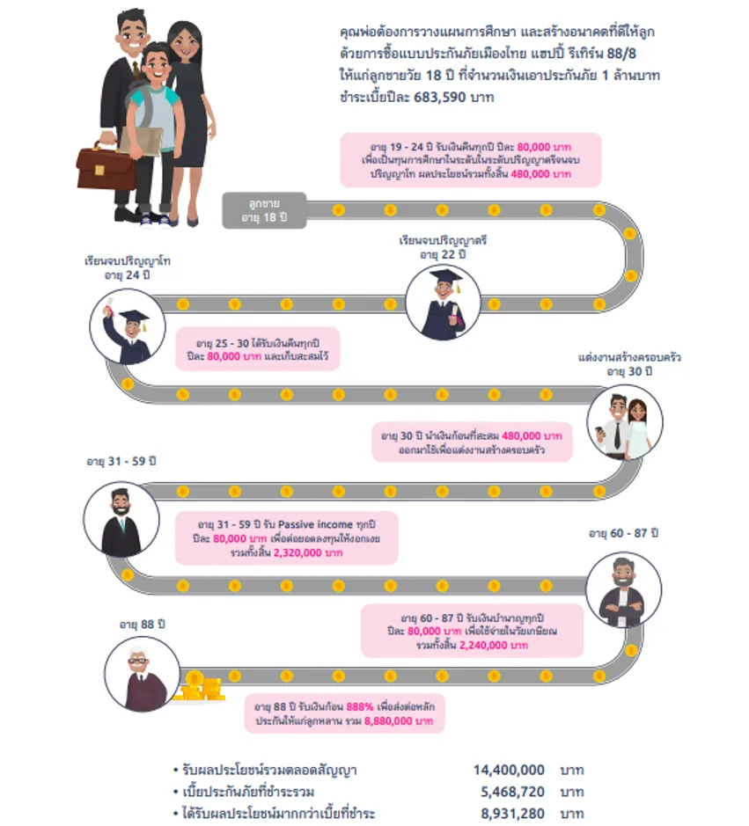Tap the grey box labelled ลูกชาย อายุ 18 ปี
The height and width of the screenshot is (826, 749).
(x=264, y=210)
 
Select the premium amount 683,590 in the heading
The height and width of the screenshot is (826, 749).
(x=439, y=97)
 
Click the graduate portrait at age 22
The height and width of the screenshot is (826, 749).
(x=444, y=303)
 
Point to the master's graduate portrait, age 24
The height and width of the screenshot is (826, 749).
(x=128, y=327)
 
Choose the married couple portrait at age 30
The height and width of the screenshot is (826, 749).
(x=625, y=421)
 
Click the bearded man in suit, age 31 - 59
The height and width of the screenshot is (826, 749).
(x=121, y=519)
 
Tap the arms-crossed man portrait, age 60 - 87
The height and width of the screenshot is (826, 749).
(x=623, y=589)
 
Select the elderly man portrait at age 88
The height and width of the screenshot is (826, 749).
(x=143, y=675)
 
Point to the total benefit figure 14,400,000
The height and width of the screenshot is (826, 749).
(x=509, y=770)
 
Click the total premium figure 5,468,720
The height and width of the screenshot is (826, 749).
(x=512, y=791)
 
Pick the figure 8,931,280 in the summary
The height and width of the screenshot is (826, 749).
(x=512, y=814)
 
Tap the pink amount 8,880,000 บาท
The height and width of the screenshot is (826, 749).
(x=399, y=720)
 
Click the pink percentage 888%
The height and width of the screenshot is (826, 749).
(x=360, y=706)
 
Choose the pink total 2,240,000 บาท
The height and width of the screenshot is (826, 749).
(x=494, y=645)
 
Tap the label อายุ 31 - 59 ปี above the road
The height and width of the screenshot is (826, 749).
(x=121, y=461)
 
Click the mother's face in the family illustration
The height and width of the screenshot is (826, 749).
(x=185, y=42)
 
